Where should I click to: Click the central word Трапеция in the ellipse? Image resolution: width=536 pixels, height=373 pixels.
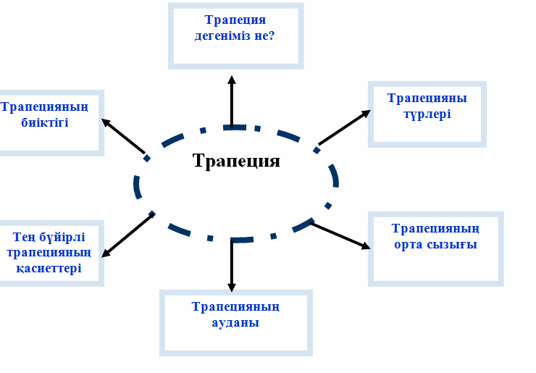point(236,160)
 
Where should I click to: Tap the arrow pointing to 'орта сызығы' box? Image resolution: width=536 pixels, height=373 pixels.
point(339,235)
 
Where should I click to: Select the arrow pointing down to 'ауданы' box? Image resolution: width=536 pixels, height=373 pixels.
point(232,264)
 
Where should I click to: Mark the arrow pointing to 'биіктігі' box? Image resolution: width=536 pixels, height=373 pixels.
point(125,136)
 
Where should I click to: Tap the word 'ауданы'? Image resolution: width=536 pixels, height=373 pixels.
point(235,323)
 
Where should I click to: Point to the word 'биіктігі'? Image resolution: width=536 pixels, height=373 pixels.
point(45,122)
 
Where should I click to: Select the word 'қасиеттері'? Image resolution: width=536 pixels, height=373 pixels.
point(51,268)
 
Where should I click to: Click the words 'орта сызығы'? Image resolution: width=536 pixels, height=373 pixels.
point(435,244)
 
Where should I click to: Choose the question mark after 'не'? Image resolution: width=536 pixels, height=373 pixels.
point(270,34)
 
